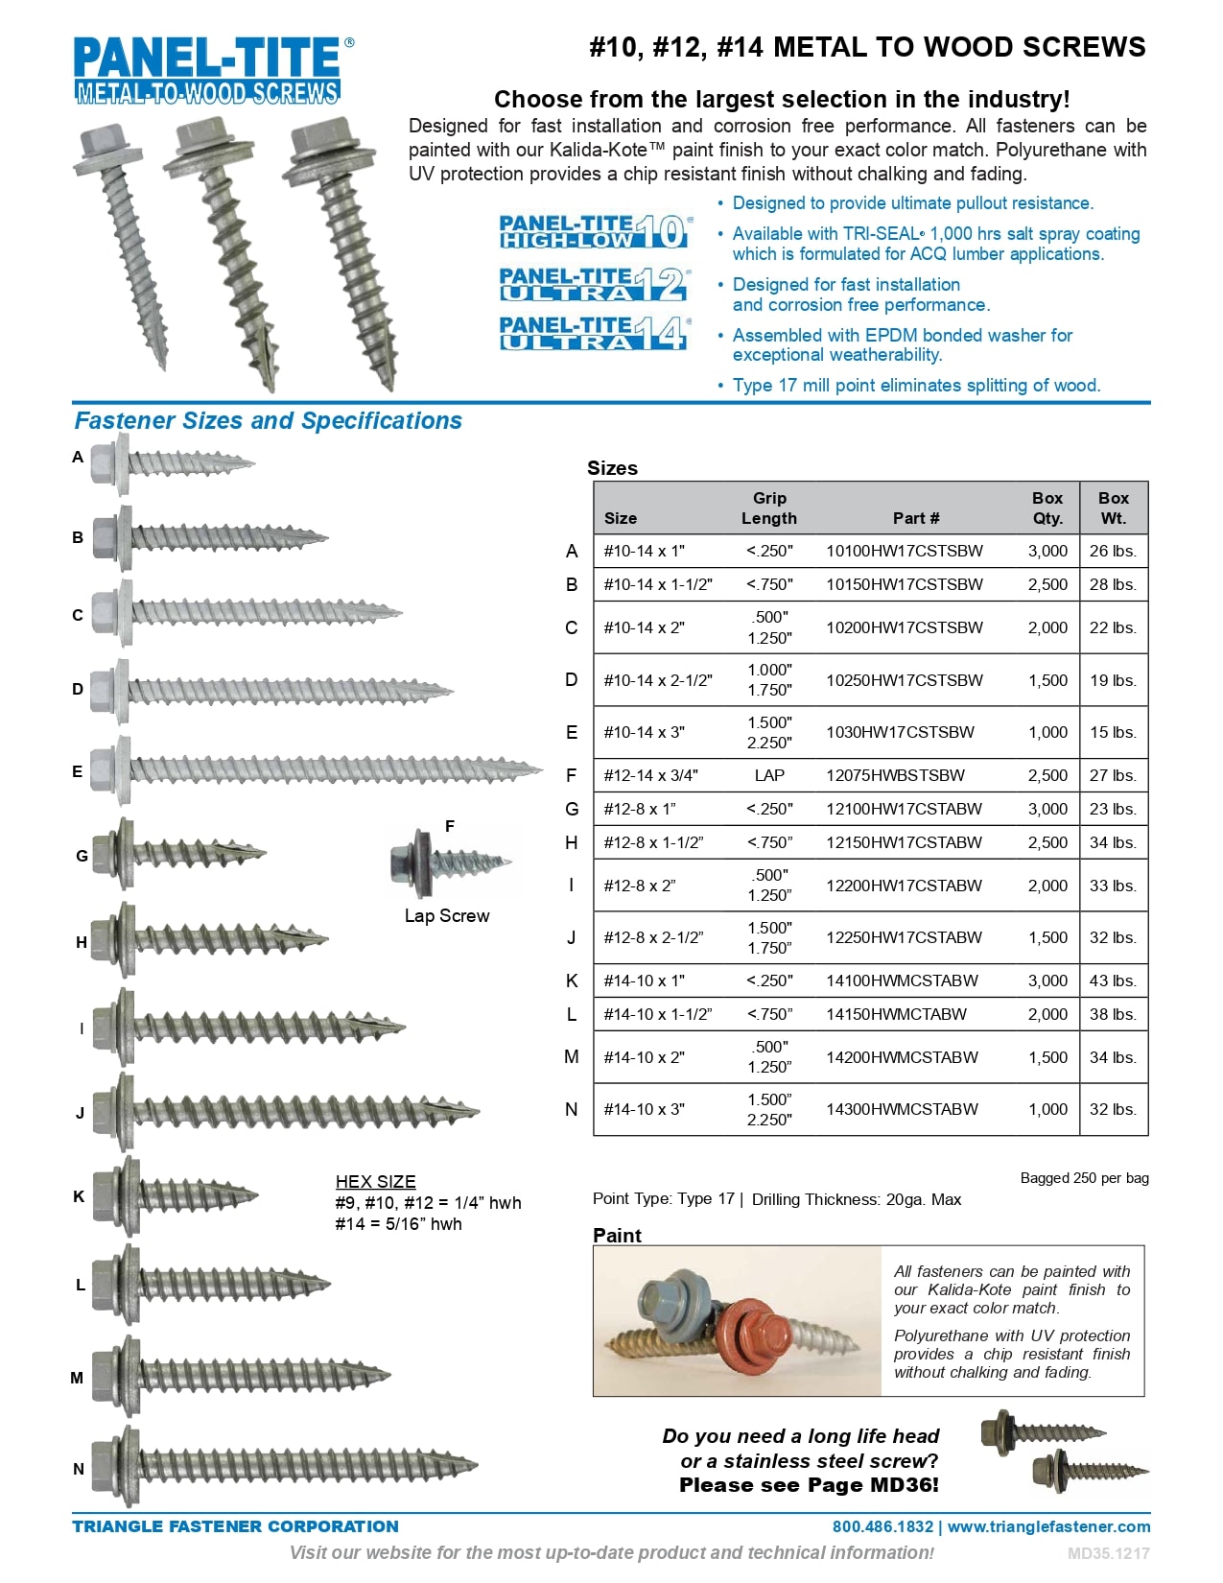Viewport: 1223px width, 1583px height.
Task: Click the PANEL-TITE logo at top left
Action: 208,70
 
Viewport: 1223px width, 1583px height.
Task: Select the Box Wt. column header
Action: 1113,508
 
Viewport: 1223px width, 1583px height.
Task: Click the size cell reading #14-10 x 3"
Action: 644,1109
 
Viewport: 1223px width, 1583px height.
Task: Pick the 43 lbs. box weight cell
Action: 1113,981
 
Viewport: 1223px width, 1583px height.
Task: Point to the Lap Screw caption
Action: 446,916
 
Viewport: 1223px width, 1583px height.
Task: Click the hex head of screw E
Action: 103,769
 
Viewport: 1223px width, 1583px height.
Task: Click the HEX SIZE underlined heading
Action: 375,1182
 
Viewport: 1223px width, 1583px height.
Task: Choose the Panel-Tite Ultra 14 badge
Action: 594,333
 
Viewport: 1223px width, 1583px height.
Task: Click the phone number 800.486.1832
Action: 882,1526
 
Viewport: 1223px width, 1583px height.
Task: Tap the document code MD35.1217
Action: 1108,1553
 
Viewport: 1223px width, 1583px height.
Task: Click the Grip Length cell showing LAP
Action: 768,775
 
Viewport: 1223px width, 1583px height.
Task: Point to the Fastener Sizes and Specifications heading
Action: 268,421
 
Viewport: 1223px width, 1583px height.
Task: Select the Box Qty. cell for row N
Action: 1047,1109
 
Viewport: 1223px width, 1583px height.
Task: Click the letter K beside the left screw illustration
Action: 79,1196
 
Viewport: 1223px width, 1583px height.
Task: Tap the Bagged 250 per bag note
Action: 1084,1178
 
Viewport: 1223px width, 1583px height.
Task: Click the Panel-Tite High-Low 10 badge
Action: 594,231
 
